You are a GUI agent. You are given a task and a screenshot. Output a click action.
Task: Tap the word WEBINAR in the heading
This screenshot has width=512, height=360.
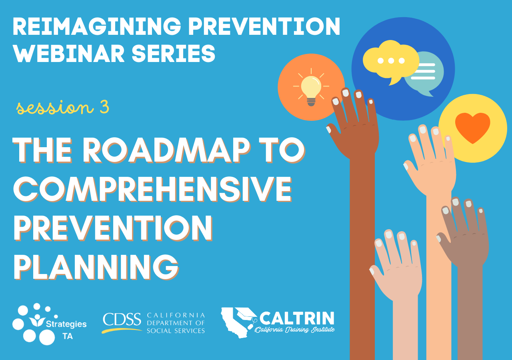[x=68, y=53]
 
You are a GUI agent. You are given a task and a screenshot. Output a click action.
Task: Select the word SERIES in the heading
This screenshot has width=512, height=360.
[x=174, y=53]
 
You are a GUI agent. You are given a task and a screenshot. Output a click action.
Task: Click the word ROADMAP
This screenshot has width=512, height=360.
[x=166, y=150]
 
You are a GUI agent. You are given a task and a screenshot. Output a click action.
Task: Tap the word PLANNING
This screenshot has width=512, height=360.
[x=96, y=267]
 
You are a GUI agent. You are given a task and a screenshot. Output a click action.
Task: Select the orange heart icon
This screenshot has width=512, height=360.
[x=472, y=128]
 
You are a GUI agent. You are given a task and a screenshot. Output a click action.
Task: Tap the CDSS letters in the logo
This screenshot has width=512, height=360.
[x=122, y=319]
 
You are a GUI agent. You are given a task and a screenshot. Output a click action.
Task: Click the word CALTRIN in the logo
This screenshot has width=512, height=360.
[x=297, y=318]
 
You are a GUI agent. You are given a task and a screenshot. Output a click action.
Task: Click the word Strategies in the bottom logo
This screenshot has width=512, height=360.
[x=66, y=324]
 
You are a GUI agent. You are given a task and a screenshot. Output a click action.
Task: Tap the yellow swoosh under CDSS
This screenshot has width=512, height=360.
[x=122, y=330]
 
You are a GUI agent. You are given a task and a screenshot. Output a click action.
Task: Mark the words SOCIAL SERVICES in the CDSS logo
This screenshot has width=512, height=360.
[x=176, y=331]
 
